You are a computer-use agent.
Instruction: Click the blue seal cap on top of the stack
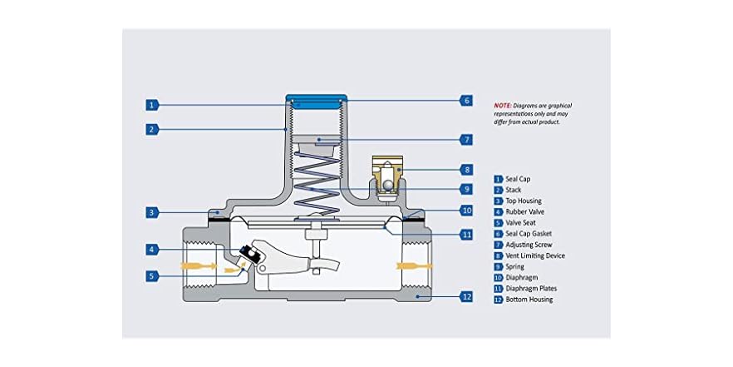[317, 102]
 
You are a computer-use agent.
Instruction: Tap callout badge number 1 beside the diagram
[151, 105]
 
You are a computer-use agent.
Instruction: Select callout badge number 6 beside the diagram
[465, 100]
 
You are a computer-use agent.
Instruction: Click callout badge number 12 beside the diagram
[465, 296]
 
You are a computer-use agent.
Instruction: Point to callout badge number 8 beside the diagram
[465, 170]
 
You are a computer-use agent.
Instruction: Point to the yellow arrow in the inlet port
[198, 266]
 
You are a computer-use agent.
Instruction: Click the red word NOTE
[503, 106]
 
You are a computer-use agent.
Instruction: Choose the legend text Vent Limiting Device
[535, 255]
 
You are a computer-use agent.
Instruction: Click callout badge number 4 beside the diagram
[151, 250]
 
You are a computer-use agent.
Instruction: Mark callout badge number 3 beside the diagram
[151, 212]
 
